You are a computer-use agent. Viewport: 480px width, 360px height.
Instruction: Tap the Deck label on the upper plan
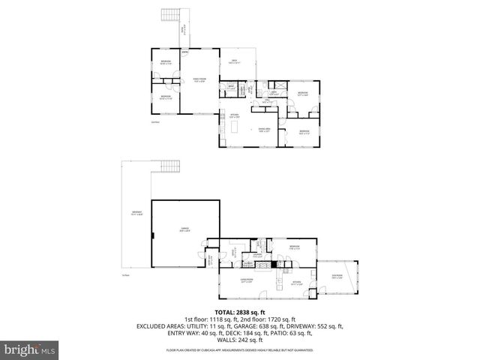click(234, 61)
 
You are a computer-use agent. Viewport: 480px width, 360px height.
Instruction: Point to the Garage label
click(184, 230)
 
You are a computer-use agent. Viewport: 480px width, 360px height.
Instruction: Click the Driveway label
click(136, 215)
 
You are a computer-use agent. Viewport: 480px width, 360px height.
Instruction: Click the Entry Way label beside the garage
click(211, 261)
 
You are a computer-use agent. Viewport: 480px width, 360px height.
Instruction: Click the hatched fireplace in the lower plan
click(274, 264)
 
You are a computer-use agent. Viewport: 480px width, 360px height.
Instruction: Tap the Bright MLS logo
click(30, 349)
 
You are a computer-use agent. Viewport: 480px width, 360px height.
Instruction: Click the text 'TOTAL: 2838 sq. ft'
click(240, 312)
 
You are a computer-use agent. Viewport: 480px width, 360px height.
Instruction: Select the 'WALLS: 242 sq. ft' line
click(240, 340)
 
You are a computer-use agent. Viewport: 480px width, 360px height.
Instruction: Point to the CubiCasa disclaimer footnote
click(240, 349)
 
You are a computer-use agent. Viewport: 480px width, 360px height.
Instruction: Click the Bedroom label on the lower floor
click(295, 247)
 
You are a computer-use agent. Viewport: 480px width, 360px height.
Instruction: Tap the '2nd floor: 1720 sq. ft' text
click(268, 319)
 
